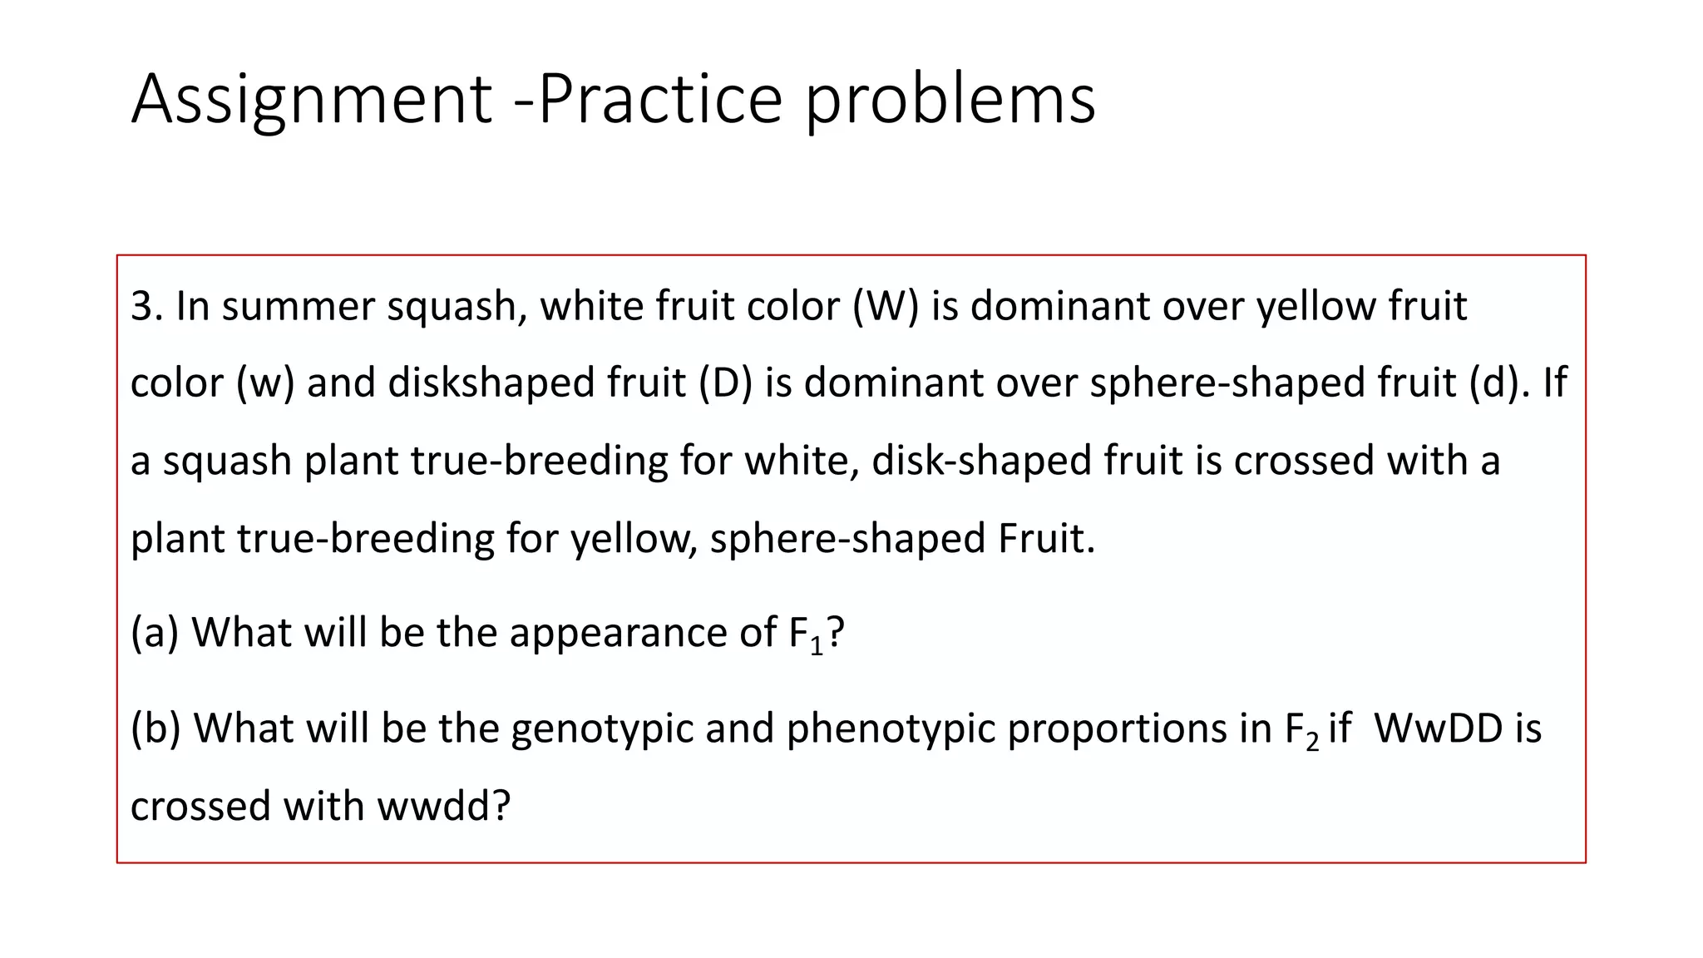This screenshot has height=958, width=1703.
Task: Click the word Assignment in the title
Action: tap(312, 100)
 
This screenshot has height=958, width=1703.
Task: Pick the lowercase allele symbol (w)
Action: tap(265, 383)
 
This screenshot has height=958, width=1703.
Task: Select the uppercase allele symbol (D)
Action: tap(725, 383)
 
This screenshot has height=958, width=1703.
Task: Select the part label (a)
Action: tap(155, 632)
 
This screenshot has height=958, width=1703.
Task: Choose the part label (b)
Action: tap(155, 728)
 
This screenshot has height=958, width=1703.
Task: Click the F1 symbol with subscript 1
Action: tap(805, 634)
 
